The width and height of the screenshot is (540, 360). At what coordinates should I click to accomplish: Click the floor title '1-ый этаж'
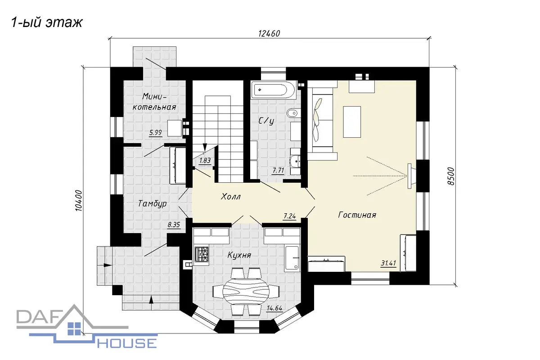point(47,23)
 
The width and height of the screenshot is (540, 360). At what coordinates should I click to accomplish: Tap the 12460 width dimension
point(269,33)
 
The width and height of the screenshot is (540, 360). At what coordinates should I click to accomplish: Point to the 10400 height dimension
point(79,201)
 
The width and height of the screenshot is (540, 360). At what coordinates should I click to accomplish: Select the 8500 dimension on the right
point(450,176)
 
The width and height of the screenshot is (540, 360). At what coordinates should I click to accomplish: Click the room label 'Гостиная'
point(357,215)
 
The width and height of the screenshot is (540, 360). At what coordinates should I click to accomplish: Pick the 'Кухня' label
point(239,255)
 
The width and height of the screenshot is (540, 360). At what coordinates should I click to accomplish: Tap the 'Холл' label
point(231,197)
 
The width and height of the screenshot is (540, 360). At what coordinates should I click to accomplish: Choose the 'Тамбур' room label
point(153,204)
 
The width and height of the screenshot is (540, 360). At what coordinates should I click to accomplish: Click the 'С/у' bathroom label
point(266,121)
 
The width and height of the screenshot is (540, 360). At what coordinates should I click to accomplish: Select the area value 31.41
point(388,263)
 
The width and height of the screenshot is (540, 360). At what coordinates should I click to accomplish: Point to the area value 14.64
point(274,308)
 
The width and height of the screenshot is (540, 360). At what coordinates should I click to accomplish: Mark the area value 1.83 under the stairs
point(205,160)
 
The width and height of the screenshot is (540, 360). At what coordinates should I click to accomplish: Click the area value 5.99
point(156,132)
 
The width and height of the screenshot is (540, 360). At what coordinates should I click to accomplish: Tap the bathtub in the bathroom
point(273,90)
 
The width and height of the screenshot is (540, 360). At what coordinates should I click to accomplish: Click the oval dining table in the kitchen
point(246,290)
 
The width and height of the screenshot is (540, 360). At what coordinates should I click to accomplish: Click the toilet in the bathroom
point(293,112)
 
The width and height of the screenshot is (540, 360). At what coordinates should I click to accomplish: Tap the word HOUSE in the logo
point(127,343)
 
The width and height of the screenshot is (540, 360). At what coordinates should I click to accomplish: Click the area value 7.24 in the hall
point(289,216)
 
